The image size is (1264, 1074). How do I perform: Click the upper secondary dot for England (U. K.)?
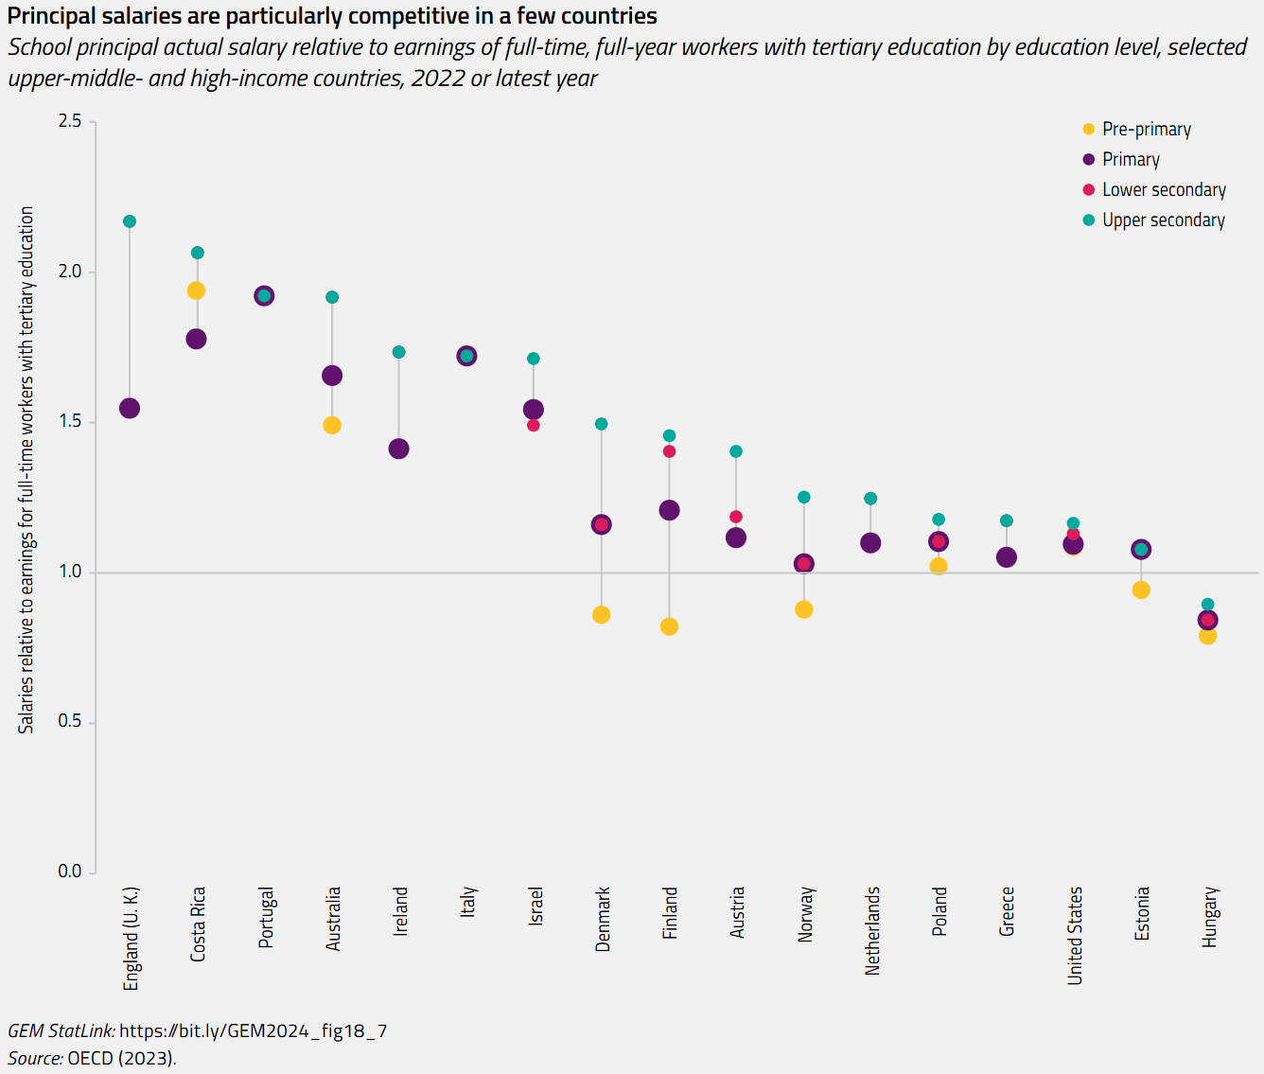[130, 221]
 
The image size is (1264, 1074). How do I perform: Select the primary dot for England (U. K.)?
[130, 409]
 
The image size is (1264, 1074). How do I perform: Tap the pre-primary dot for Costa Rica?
[196, 291]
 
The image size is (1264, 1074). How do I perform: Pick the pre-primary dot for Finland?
[669, 626]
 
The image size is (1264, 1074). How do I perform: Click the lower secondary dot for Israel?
[534, 426]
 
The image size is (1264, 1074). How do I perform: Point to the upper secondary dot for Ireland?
[398, 352]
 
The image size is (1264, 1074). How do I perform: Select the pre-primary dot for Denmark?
[601, 615]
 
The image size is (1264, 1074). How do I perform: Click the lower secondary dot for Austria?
[736, 517]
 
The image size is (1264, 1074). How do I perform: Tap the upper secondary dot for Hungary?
[1207, 605]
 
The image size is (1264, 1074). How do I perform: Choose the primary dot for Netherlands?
[870, 543]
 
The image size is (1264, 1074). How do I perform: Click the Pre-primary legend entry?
[1146, 130]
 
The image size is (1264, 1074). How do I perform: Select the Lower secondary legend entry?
[1163, 190]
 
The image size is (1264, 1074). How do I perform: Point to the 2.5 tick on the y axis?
[70, 121]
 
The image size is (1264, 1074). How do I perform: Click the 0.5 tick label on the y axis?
[70, 721]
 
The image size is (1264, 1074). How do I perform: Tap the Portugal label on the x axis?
[266, 917]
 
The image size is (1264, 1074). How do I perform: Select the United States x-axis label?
[1075, 935]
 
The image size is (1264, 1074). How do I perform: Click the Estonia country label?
[1142, 913]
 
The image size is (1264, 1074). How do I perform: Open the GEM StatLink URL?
[253, 1030]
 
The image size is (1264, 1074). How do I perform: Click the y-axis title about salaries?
[26, 469]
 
